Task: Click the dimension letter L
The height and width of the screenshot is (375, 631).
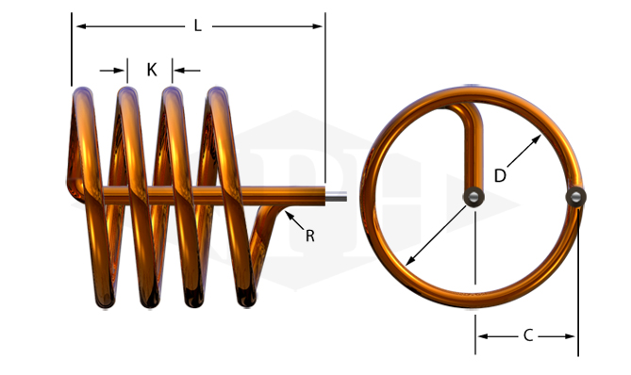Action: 197,26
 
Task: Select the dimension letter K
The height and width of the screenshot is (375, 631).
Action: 151,70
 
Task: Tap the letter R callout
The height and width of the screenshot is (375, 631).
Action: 309,236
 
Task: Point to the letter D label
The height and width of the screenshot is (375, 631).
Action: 500,175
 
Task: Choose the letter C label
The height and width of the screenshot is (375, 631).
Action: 528,335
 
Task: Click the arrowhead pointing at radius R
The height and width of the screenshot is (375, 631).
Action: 288,215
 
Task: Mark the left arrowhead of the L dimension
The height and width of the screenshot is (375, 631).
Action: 81,26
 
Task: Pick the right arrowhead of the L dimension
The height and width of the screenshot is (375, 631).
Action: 317,26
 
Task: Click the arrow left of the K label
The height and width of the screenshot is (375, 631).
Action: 112,71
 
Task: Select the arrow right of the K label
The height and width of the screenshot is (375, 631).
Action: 187,71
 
